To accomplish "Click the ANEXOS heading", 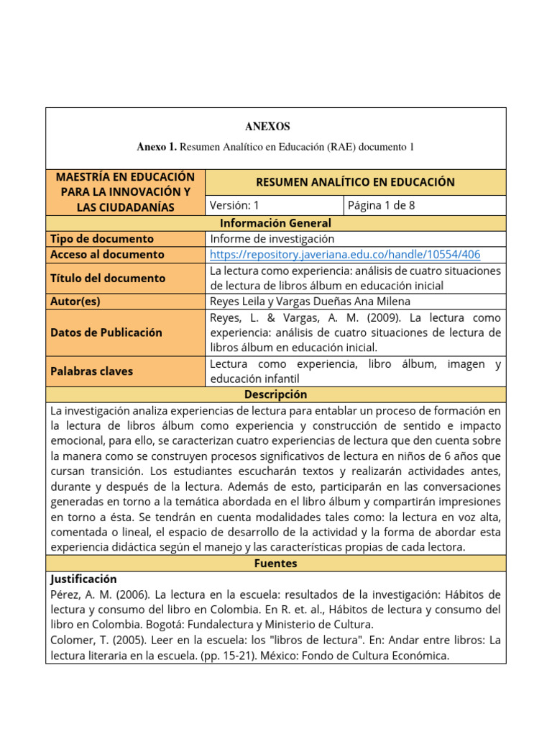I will click(267, 127).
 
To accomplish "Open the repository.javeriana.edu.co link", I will click(345, 254).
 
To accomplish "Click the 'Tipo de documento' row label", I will click(101, 238).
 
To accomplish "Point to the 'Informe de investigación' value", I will click(272, 238).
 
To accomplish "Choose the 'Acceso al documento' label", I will click(107, 254).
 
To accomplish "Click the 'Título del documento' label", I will click(108, 278).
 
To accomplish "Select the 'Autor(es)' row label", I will click(75, 302).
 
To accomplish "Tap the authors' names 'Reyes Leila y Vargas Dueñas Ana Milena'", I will click(309, 302).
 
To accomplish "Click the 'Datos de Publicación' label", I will click(106, 333).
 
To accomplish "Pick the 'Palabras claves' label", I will click(91, 371).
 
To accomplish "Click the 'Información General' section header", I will click(275, 223).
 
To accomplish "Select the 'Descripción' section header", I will click(275, 394).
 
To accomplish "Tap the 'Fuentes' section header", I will click(275, 564).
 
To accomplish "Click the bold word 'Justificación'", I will click(83, 579).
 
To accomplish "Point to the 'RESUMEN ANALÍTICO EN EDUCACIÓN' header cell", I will click(355, 182).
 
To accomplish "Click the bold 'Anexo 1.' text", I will click(157, 147).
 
